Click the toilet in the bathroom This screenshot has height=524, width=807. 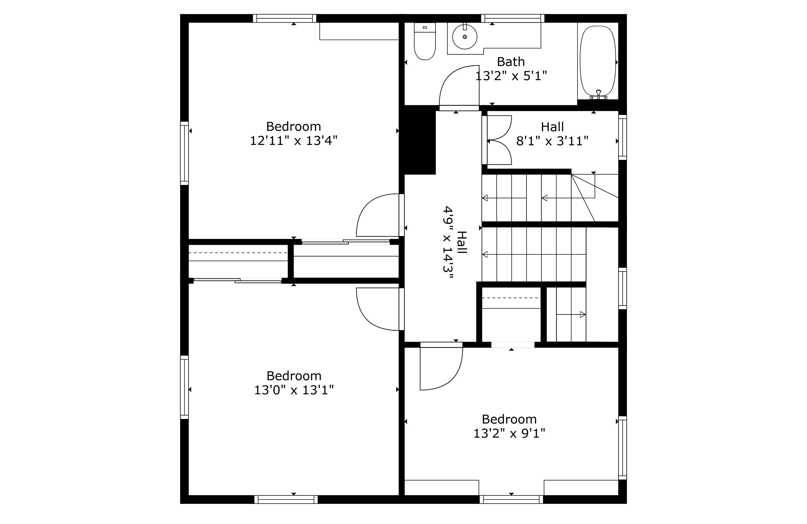click(425, 41)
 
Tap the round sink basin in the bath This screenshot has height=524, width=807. click(464, 36)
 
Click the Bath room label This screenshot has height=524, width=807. click(511, 62)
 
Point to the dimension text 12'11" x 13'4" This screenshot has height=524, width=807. click(294, 140)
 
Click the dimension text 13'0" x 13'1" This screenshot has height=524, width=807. click(294, 390)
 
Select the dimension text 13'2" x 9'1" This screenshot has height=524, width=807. click(509, 433)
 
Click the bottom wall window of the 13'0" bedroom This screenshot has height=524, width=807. click(286, 499)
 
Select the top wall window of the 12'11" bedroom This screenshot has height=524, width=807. click(284, 18)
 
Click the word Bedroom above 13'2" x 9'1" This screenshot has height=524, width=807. click(509, 419)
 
